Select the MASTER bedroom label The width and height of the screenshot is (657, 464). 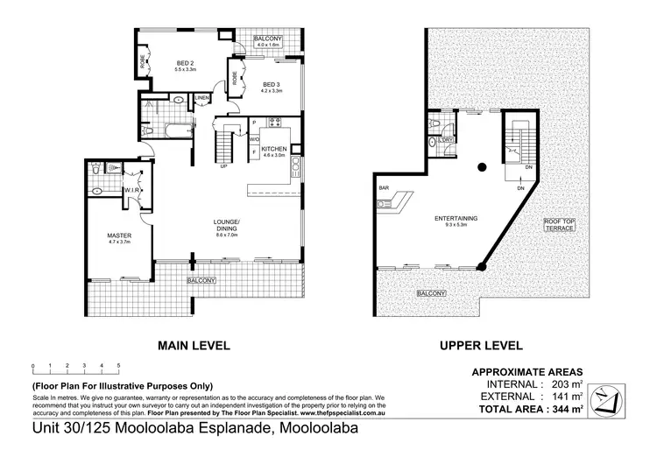[118, 236]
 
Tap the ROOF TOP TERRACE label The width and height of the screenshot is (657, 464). [559, 224]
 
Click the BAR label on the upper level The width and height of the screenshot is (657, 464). [384, 187]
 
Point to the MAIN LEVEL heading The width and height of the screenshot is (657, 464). [193, 346]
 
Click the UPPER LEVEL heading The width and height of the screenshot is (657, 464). [481, 346]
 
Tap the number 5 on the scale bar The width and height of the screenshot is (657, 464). [117, 365]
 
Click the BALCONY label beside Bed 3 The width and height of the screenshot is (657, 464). [268, 40]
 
